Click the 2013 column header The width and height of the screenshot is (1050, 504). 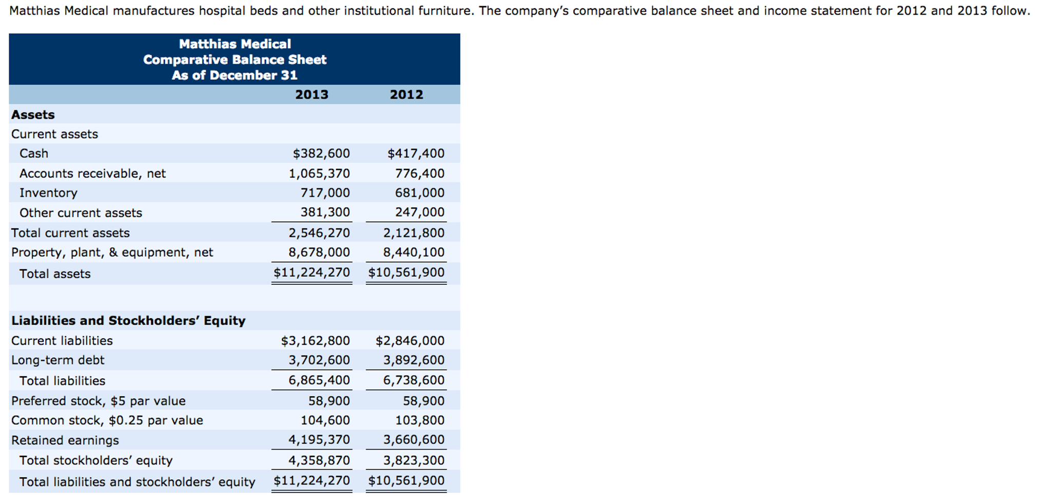point(312,94)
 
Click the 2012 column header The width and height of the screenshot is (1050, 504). point(406,94)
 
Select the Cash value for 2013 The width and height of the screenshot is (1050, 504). point(321,153)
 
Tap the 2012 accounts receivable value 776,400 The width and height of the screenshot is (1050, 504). point(419,173)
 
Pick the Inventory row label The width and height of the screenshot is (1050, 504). point(48,193)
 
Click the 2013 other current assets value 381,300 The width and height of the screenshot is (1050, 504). point(325,212)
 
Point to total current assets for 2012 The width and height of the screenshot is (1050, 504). point(414,233)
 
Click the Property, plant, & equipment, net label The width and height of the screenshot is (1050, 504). point(112,253)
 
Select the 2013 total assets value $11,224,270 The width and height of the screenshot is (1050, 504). point(312,273)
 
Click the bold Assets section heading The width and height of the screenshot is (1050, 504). point(33,114)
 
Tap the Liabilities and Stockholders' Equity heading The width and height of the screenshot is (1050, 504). point(128,321)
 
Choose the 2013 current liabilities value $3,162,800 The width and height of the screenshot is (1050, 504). point(315,341)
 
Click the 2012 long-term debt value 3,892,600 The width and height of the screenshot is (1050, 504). point(414,360)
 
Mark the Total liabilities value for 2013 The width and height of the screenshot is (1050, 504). point(319,380)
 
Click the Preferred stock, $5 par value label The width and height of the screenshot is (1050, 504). point(98,401)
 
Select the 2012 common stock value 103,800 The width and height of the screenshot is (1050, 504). point(419,420)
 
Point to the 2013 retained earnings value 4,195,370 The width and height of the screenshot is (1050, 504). point(319,440)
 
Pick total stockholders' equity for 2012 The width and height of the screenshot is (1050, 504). point(414,460)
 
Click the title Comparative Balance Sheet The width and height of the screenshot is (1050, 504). point(235,60)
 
